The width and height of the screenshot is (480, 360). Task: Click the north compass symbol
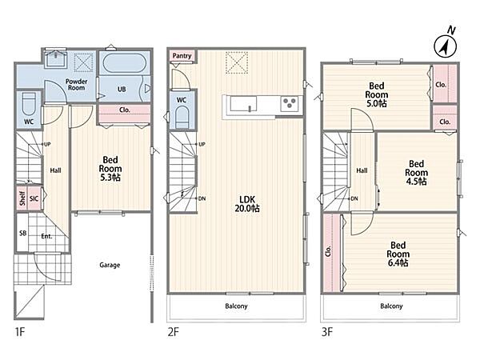coord(446,46)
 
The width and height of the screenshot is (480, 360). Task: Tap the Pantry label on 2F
coord(182,56)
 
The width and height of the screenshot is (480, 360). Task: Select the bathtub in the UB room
coord(124,63)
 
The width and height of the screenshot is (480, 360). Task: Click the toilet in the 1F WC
coord(29,103)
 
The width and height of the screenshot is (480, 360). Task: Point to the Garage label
coord(110,265)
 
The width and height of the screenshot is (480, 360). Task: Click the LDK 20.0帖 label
coord(247,204)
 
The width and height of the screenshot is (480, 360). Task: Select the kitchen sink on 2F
coord(244,104)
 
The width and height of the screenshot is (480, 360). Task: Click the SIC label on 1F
coord(34,198)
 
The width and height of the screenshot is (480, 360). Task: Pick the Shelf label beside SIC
coord(22,198)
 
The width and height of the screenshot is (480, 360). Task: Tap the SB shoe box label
coord(23,234)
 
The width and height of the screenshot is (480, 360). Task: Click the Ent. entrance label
coord(46,236)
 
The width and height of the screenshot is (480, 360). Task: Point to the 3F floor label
coord(327,332)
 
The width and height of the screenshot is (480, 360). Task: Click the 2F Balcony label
coord(236,306)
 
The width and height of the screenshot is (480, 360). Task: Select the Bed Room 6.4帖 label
coord(398,254)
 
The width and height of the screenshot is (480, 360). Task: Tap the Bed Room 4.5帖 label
coord(416,173)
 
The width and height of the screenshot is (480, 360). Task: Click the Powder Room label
coord(77,85)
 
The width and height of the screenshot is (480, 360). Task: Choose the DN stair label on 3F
coord(354,198)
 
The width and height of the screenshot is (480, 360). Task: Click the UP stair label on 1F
coord(47,144)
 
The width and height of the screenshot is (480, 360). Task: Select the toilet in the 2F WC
coord(182,117)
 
